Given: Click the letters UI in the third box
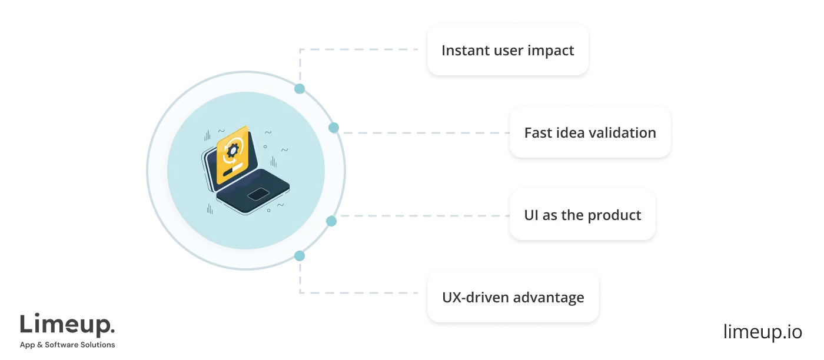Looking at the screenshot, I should click(531, 215).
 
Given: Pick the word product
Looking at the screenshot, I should click(615, 215).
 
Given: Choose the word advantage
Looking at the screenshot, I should click(550, 298).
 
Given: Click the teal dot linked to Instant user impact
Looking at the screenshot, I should click(300, 89).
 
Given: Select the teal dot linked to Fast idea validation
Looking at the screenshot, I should click(333, 128).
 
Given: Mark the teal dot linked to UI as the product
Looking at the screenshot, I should click(331, 221).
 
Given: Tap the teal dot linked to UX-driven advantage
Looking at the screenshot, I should click(300, 256).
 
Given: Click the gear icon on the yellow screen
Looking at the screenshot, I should click(232, 151).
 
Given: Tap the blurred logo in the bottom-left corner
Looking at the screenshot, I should click(68, 329).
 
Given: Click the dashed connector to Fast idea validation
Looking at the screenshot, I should click(424, 134).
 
